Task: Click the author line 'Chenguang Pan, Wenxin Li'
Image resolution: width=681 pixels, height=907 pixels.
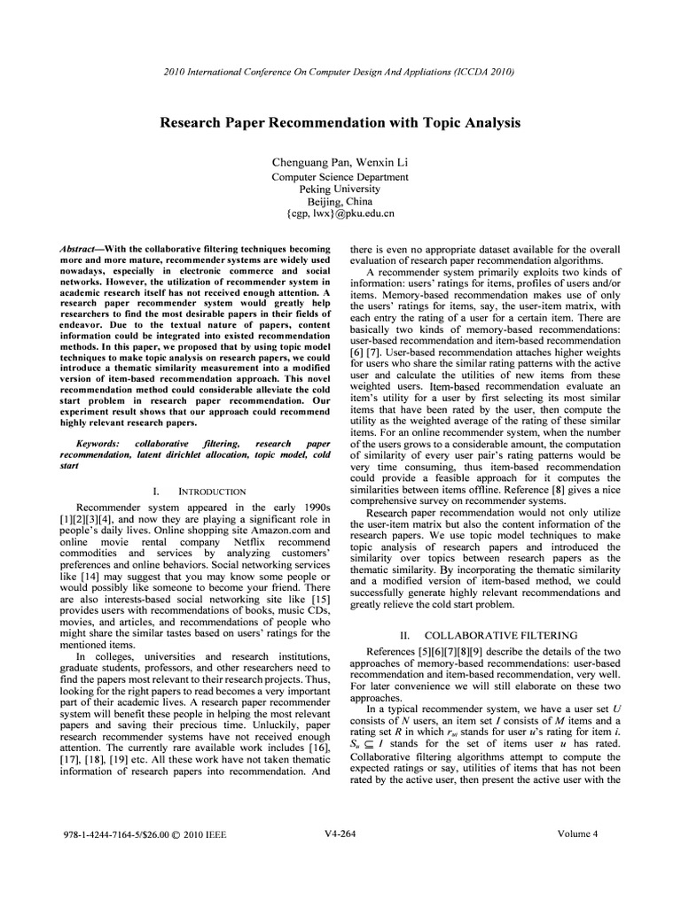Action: coord(340,162)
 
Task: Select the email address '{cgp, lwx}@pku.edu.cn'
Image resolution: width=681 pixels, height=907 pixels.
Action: coord(340,213)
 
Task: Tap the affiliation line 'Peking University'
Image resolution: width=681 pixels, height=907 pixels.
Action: coord(340,189)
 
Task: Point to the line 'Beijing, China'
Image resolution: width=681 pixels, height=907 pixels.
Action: coord(340,201)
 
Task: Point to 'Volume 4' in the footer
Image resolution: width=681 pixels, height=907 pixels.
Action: coord(578,833)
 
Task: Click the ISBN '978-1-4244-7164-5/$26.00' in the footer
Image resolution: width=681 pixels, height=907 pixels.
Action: coord(112,834)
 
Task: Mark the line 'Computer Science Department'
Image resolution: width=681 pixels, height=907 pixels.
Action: coord(340,176)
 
